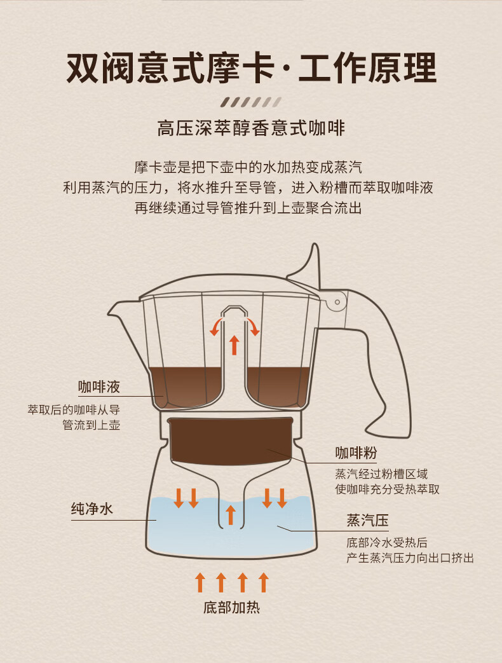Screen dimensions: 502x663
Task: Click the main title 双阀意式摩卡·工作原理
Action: click(251, 69)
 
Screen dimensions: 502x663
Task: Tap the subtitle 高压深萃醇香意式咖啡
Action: click(251, 129)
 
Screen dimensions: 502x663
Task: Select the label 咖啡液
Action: click(98, 386)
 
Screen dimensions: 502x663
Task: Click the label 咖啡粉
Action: click(356, 453)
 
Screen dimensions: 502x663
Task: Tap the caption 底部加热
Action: click(231, 608)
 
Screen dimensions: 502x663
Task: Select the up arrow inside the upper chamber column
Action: click(234, 344)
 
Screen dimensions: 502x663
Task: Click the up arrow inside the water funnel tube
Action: click(231, 514)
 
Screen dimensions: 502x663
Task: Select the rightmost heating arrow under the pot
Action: click(264, 582)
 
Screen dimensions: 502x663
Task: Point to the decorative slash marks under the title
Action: click(250, 102)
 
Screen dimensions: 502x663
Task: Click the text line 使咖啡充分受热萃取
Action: click(387, 489)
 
